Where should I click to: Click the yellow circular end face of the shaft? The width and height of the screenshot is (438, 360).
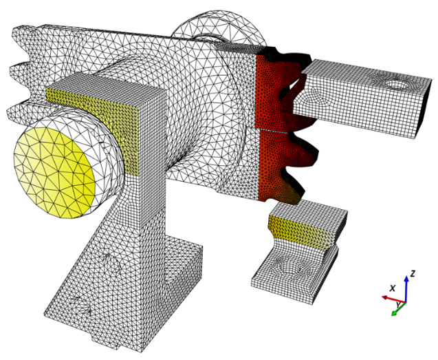(56, 169)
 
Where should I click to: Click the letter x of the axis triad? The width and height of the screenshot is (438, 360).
(393, 288)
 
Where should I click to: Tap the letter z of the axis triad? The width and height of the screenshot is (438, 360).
(413, 273)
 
